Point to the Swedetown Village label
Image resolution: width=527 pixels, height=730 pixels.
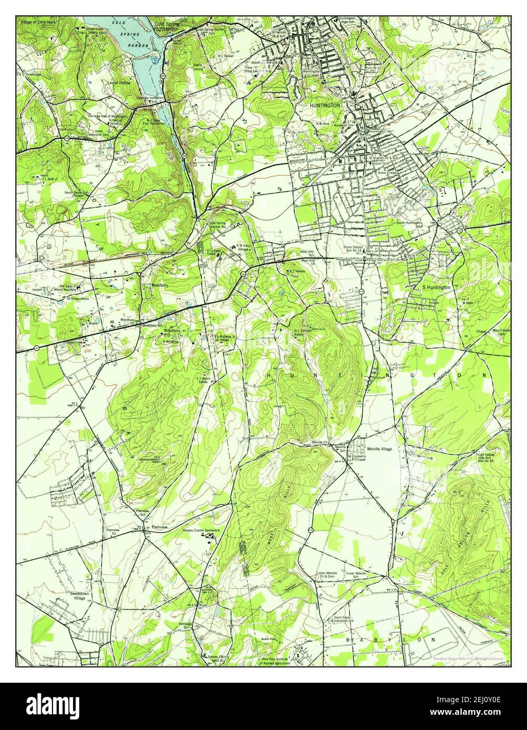pos(78,595)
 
